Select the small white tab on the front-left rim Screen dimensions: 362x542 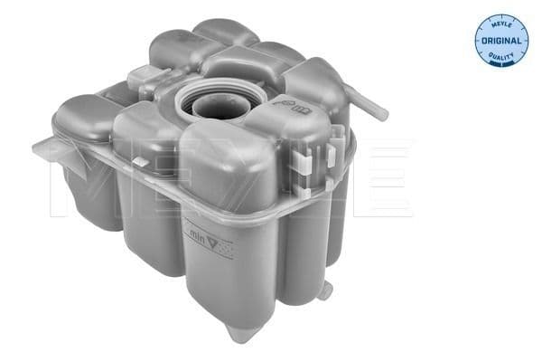pos(139,160)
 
